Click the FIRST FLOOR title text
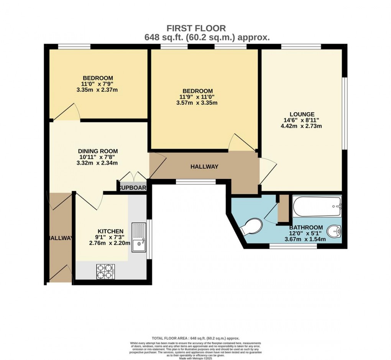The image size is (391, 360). coord(196,28)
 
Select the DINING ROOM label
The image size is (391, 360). coord(98,151)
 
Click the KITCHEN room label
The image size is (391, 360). coord(110,231)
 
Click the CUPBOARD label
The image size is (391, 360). coord(133,188)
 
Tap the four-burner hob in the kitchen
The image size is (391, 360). coord(105,272)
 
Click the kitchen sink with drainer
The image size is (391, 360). coord(139,237)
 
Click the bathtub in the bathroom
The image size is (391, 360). coord(317,207)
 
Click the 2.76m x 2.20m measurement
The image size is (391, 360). coord(110,243)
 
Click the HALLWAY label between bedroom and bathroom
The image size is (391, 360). coord(205,167)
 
